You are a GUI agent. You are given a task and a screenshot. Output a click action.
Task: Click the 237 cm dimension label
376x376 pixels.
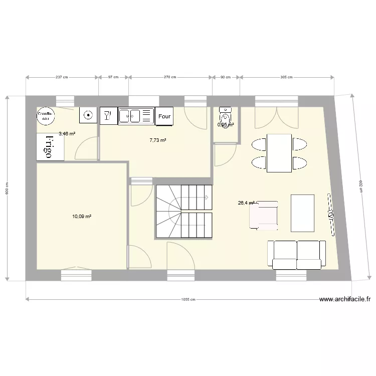click(62, 77)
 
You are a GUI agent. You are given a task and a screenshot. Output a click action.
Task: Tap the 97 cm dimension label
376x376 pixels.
click(113, 77)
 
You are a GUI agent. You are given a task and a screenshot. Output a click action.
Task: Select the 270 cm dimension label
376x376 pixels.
click(170, 77)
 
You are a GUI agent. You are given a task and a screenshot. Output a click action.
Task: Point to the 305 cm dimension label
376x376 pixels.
click(286, 77)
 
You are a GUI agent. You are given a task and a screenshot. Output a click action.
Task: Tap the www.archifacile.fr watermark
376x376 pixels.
click(345, 300)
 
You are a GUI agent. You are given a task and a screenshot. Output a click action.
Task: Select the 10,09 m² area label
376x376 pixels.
click(81, 217)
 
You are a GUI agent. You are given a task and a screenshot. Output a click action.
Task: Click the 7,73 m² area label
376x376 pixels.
click(158, 140)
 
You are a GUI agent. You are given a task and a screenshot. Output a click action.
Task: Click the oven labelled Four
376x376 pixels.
click(164, 116)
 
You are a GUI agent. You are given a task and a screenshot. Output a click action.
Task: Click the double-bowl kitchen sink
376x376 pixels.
click(135, 116)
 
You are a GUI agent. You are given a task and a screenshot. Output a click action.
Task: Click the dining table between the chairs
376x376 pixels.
click(279, 153)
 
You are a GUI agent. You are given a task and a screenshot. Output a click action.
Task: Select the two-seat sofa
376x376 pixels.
click(296, 254)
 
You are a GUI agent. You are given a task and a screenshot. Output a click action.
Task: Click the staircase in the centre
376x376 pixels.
click(183, 211)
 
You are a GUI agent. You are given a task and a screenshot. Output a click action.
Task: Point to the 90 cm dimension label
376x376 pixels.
click(226, 77)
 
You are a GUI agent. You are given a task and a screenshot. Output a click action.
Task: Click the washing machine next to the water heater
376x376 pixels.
click(88, 115)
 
